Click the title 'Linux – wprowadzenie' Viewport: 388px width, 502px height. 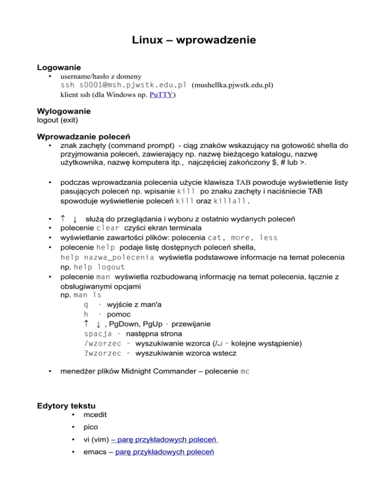194,39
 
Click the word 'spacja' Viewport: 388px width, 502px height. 98,333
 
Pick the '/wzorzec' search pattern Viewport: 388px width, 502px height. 102,343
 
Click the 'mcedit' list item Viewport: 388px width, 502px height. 95,415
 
